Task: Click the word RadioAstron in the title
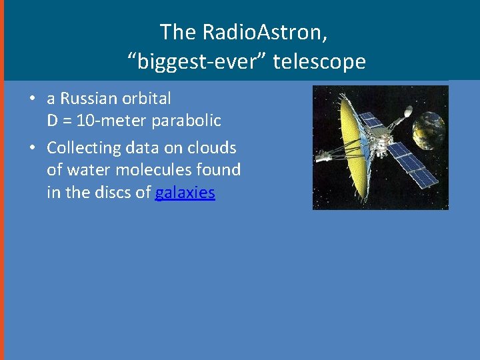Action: pyautogui.click(x=265, y=31)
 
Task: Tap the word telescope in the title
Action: pyautogui.click(x=319, y=61)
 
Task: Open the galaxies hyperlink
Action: pyautogui.click(x=185, y=193)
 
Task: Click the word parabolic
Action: pyautogui.click(x=186, y=121)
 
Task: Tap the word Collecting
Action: pyautogui.click(x=84, y=148)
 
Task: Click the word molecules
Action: pyautogui.click(x=154, y=169)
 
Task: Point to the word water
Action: pyautogui.click(x=89, y=170)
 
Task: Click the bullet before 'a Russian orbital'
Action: pyautogui.click(x=32, y=98)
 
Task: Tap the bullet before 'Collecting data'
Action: pyautogui.click(x=32, y=147)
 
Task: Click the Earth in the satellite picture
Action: pyautogui.click(x=428, y=131)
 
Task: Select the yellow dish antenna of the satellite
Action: pyautogui.click(x=353, y=147)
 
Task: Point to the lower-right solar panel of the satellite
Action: pyautogui.click(x=412, y=165)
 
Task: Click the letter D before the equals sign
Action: pyautogui.click(x=52, y=121)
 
